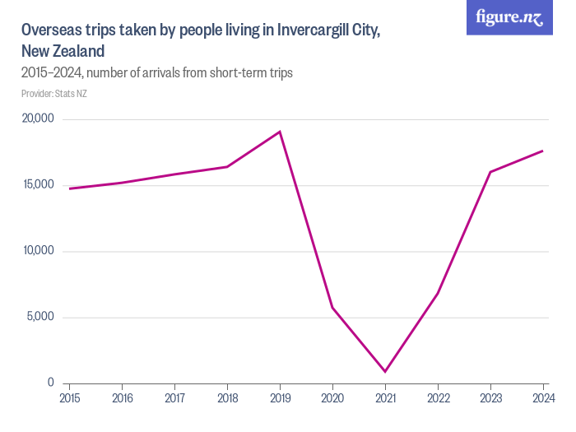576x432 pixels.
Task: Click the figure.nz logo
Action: click(509, 17)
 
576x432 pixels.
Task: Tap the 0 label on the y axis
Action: click(50, 383)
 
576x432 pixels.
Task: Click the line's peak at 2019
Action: click(280, 132)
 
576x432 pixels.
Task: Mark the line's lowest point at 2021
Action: click(385, 371)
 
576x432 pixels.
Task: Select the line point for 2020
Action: click(332, 308)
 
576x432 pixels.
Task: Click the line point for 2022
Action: click(438, 293)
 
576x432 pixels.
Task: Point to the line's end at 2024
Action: click(543, 151)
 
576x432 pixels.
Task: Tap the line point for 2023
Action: click(490, 172)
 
